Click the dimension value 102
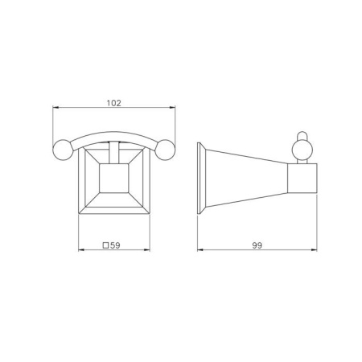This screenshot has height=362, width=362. click(114, 103)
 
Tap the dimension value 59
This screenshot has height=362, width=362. click(115, 245)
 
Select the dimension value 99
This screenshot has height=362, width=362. click(257, 245)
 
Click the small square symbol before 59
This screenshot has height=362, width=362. click(106, 245)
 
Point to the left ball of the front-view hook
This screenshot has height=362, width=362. click(63, 150)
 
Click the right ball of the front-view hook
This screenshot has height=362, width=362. click(165, 150)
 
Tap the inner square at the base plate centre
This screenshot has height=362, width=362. click(114, 178)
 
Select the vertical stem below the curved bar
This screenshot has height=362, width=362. click(114, 153)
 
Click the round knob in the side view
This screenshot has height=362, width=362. click(302, 150)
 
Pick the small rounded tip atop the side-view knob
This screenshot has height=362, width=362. click(302, 135)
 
